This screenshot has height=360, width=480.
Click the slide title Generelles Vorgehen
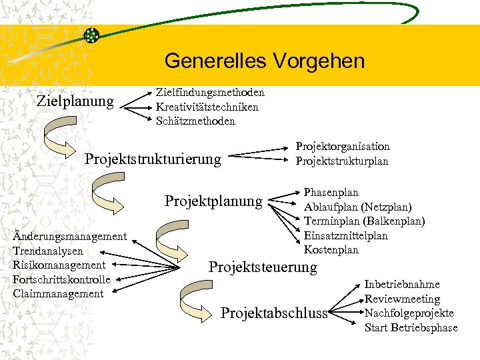[x=264, y=61]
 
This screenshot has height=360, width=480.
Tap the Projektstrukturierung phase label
[x=153, y=159]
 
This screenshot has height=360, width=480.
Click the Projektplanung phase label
[x=213, y=201]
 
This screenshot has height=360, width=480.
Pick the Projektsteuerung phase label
[x=263, y=267]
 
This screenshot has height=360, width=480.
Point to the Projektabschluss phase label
[x=275, y=313]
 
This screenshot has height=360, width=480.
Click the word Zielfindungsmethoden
[x=210, y=92]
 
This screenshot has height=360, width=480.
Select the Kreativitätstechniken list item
[x=207, y=107]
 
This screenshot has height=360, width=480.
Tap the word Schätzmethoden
[x=195, y=121]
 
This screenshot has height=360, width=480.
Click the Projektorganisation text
[x=343, y=147]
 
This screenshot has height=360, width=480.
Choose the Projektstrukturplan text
[x=342, y=161]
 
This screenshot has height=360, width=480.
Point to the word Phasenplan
[x=331, y=193]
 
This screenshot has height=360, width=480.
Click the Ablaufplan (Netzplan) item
[x=357, y=207]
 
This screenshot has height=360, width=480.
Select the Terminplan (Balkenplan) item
[x=364, y=221]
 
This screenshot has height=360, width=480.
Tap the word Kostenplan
[x=331, y=250]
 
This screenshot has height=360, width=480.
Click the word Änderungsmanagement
[x=69, y=236]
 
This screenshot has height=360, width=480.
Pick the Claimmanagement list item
[x=58, y=294]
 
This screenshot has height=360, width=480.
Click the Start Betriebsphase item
[x=411, y=327]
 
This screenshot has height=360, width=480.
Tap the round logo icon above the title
[x=91, y=35]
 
